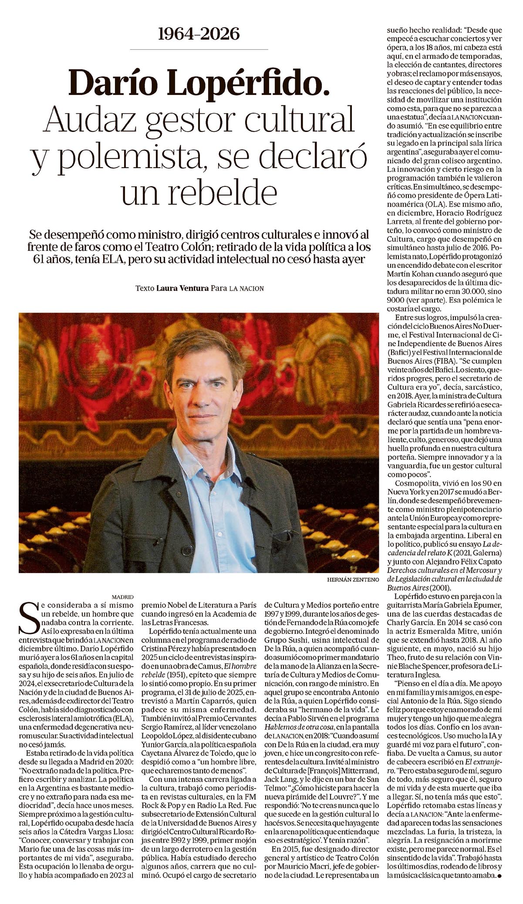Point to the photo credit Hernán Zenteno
click(x=352, y=580)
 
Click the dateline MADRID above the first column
click(x=122, y=597)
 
